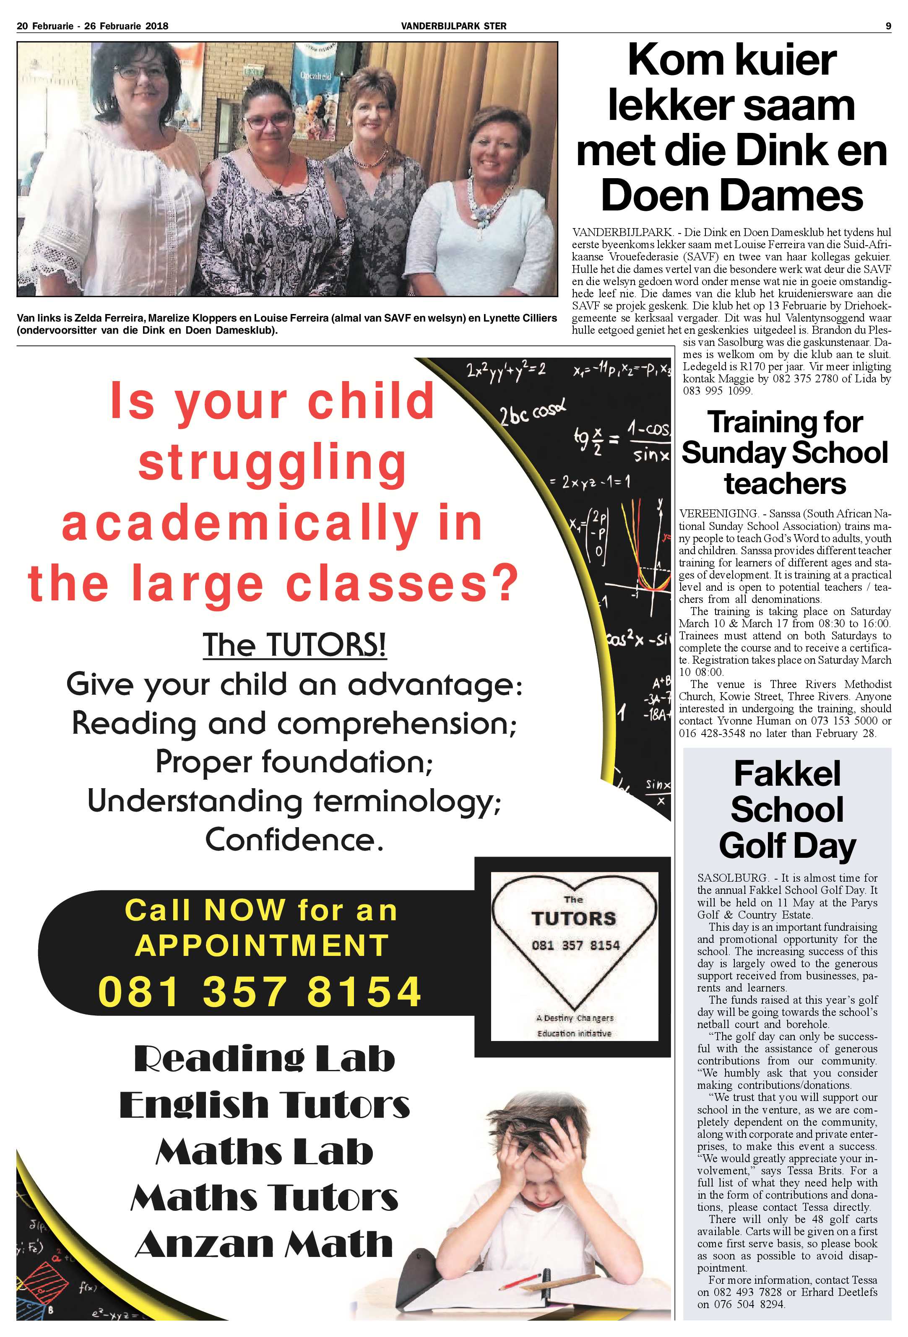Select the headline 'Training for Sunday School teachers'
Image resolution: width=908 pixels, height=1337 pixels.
(785, 453)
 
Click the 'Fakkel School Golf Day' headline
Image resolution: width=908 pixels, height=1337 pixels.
(787, 810)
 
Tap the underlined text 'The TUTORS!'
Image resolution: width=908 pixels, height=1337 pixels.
(294, 644)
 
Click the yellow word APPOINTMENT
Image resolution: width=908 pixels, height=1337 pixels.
(262, 945)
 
